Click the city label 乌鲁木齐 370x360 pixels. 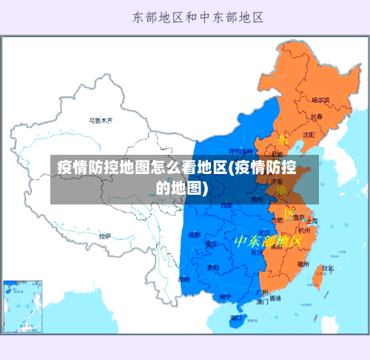point(101,119)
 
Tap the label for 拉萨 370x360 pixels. point(105,236)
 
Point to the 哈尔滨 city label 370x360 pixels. point(320,99)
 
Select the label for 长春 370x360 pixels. point(317,116)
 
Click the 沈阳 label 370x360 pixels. point(309,134)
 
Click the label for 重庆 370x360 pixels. point(212,243)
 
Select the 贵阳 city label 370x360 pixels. point(213,267)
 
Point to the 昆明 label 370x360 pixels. point(184,279)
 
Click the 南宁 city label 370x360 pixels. point(225,296)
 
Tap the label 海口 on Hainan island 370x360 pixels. point(236,319)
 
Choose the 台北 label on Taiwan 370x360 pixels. point(327,268)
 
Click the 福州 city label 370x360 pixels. point(303,263)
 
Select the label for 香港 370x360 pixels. point(275,299)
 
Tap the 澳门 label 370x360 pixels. point(262,302)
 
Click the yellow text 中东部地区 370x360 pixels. point(267,241)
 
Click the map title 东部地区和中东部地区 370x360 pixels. point(198,16)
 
